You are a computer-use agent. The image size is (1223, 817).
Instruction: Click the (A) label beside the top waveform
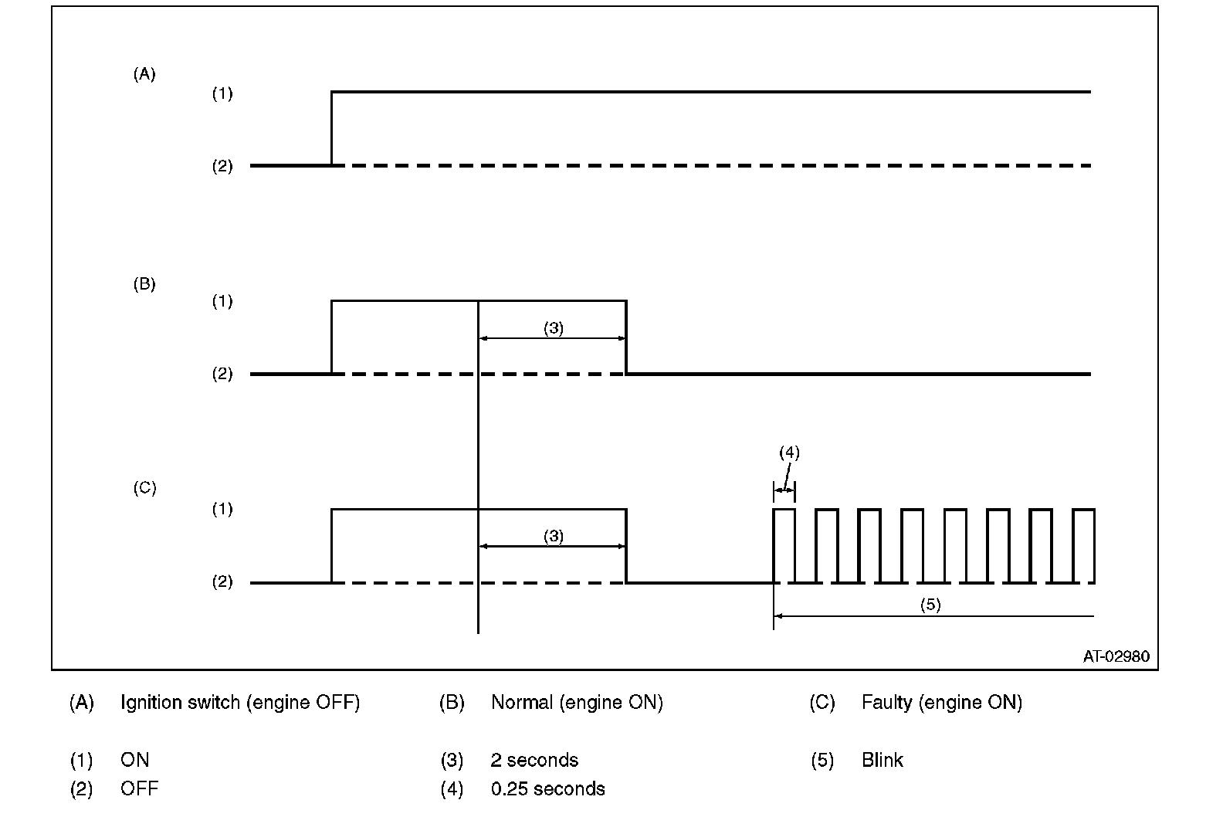pyautogui.click(x=144, y=75)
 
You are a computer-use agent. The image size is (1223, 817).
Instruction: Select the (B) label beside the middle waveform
pyautogui.click(x=144, y=284)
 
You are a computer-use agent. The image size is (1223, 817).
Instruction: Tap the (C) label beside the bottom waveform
pyautogui.click(x=144, y=488)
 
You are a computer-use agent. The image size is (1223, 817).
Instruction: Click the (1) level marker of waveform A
pyautogui.click(x=222, y=94)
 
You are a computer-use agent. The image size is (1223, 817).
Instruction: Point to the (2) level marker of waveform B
pyautogui.click(x=222, y=375)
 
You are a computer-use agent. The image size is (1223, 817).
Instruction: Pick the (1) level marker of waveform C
pyautogui.click(x=222, y=510)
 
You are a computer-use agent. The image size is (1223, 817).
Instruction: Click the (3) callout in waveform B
pyautogui.click(x=554, y=328)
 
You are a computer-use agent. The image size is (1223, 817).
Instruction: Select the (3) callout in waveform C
pyautogui.click(x=554, y=537)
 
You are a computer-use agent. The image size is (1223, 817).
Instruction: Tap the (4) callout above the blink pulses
pyautogui.click(x=789, y=453)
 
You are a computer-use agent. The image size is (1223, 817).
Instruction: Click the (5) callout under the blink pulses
pyautogui.click(x=930, y=605)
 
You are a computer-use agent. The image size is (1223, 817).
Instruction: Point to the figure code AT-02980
pyautogui.click(x=1116, y=657)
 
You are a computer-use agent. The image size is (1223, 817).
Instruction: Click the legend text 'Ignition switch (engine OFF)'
pyautogui.click(x=240, y=703)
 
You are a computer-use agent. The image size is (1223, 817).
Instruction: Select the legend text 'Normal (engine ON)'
pyautogui.click(x=577, y=703)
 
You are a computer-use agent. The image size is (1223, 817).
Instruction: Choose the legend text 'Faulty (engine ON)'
pyautogui.click(x=941, y=703)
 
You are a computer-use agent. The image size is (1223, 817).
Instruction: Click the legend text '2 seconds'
pyautogui.click(x=534, y=761)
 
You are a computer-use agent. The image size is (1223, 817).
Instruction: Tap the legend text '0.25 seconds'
pyautogui.click(x=547, y=789)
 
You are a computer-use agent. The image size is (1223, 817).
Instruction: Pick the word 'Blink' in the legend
pyautogui.click(x=882, y=761)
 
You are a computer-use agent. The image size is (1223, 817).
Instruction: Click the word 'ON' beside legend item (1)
pyautogui.click(x=135, y=761)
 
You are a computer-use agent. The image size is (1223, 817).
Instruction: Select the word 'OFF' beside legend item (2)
pyautogui.click(x=139, y=789)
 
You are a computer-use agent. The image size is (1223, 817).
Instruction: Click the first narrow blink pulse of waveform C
pyautogui.click(x=784, y=541)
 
